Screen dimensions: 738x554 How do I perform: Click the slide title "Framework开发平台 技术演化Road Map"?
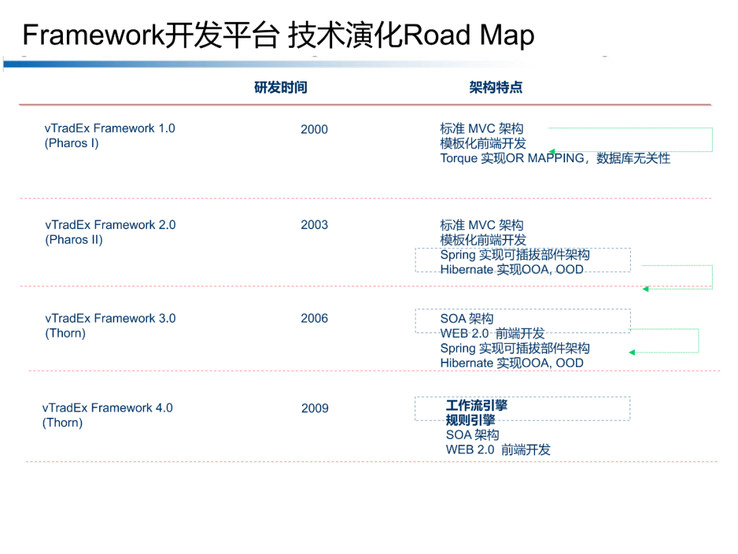(x=278, y=36)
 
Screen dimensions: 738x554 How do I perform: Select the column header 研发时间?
(x=281, y=88)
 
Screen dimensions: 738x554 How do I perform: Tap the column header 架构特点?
(x=496, y=88)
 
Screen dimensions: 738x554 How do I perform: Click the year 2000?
(x=314, y=129)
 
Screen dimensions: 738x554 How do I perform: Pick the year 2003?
(x=314, y=225)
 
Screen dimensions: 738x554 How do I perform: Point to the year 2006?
(x=314, y=319)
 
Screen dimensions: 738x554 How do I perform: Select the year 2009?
(x=315, y=408)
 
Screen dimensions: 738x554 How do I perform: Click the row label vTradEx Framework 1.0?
(x=110, y=129)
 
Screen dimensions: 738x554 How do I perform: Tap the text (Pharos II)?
(x=74, y=240)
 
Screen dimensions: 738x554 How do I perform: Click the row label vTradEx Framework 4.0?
(x=107, y=408)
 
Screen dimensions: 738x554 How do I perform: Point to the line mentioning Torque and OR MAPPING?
(x=555, y=159)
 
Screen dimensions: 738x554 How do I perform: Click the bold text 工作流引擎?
(x=477, y=406)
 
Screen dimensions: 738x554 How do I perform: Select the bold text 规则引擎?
(x=471, y=420)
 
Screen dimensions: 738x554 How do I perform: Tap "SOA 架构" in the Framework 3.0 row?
(x=467, y=319)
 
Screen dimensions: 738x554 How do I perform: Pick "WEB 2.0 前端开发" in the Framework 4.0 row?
(x=498, y=450)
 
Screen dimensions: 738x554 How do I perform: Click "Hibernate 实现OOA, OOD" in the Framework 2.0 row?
(x=512, y=269)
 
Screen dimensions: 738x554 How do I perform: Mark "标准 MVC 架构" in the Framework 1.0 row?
(x=482, y=129)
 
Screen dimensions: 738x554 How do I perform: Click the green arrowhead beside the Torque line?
(x=551, y=152)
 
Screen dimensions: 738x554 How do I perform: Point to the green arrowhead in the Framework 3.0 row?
(x=632, y=352)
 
